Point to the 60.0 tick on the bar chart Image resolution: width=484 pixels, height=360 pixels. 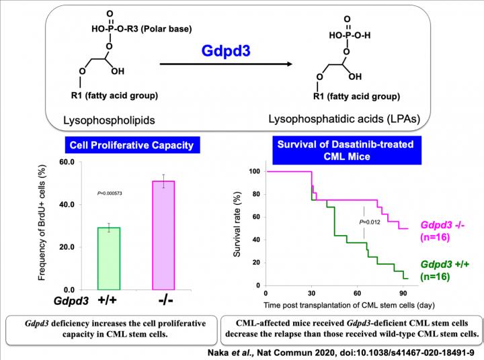click(x=66, y=162)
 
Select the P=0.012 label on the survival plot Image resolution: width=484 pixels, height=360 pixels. click(x=369, y=222)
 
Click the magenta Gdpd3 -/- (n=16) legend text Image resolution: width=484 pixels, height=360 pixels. click(x=445, y=230)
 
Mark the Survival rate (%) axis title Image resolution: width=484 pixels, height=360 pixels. click(x=237, y=228)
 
